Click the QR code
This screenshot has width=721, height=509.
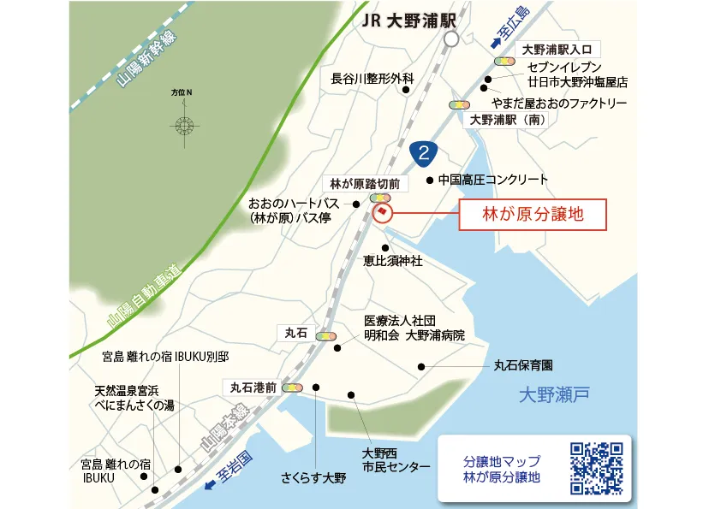pos(596,469)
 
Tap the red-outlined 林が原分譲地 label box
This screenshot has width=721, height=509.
pos(533,216)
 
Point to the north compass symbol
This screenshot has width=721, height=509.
pos(183,125)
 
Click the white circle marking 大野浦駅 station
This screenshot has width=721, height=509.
pos(451,38)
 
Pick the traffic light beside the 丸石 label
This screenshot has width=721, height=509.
pos(326,336)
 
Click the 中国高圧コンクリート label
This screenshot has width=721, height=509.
pos(492,180)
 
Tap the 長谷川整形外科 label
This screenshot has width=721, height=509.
pos(372,79)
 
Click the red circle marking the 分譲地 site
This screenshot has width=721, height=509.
pos(382,212)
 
